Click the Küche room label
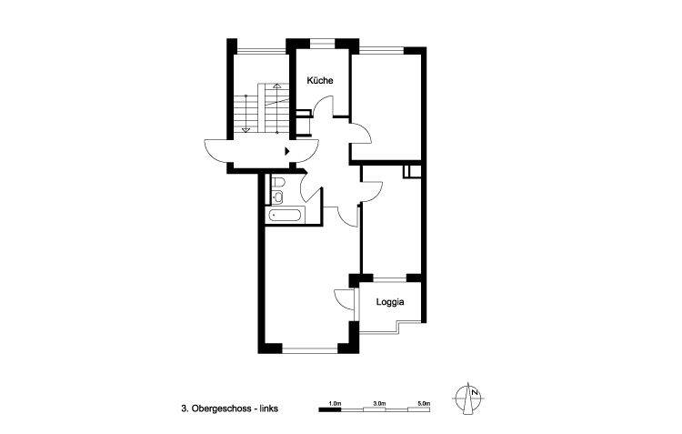click(319, 80)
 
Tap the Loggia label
click(388, 301)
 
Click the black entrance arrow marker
click(288, 151)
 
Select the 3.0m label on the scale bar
click(379, 401)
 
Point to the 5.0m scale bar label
click(424, 401)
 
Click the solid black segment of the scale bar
click(329, 410)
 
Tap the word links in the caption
click(268, 409)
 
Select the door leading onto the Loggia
click(342, 299)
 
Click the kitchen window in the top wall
click(320, 43)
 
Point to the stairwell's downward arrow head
click(246, 130)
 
